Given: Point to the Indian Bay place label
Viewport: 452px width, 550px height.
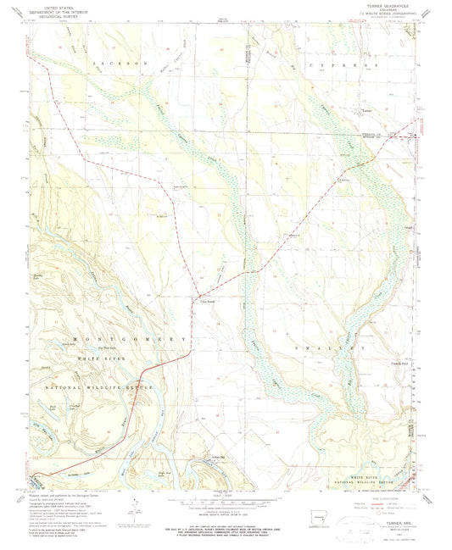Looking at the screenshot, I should click(216, 458).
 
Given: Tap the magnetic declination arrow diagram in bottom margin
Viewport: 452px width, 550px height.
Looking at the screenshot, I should click(136, 507).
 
